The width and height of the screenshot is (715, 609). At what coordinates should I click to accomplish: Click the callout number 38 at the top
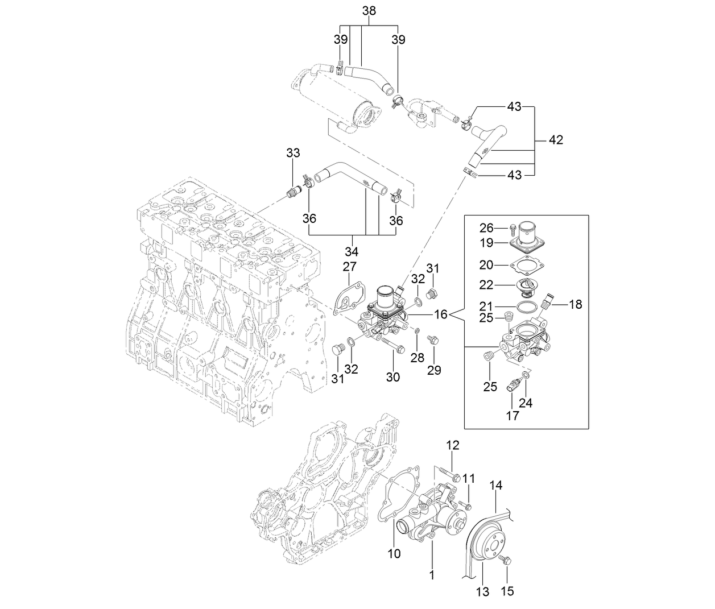[369, 11]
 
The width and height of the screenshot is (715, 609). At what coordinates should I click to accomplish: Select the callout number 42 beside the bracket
[555, 140]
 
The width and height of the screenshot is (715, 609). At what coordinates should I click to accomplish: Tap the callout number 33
[293, 153]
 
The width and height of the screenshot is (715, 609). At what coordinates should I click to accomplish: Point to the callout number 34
[351, 251]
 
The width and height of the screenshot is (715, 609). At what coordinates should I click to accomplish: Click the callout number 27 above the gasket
[349, 267]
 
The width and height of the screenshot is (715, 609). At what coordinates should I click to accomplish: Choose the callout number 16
[441, 313]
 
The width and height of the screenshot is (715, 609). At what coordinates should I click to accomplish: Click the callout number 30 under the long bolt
[393, 376]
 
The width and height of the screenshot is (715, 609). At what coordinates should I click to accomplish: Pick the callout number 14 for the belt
[496, 485]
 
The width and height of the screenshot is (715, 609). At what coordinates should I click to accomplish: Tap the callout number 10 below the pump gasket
[394, 553]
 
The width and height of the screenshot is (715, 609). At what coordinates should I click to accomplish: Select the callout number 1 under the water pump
[432, 575]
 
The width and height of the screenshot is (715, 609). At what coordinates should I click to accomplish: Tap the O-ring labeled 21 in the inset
[527, 306]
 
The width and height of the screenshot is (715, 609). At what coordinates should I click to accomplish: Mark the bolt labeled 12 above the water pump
[448, 473]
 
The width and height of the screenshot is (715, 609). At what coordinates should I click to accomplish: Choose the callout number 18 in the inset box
[575, 305]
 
